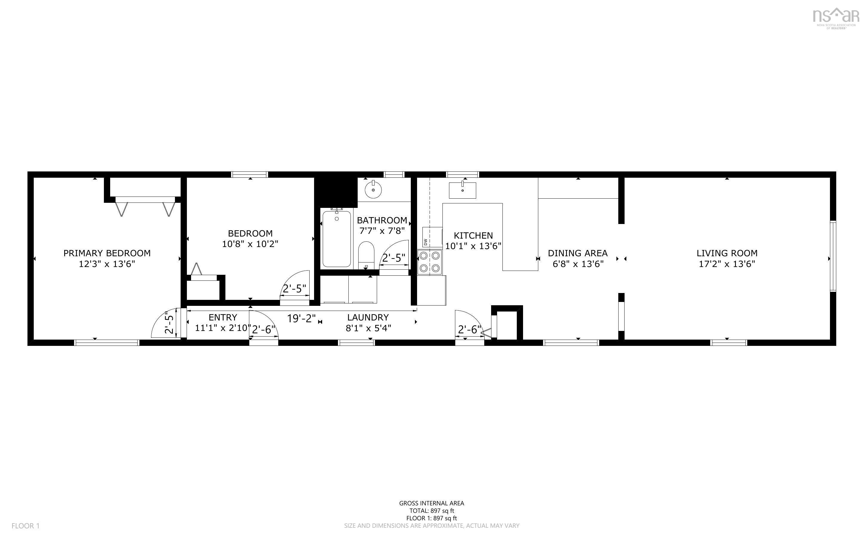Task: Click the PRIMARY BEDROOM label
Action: (107, 253)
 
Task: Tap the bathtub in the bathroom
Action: (336, 239)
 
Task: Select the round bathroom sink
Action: (373, 190)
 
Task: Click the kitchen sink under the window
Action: (462, 190)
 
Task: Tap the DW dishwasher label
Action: (425, 242)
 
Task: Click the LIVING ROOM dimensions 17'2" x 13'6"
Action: (727, 264)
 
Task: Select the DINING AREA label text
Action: (578, 253)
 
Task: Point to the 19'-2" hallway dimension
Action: (302, 318)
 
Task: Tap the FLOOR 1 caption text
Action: (26, 526)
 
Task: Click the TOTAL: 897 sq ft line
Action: (432, 511)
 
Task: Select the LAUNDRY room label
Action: (368, 317)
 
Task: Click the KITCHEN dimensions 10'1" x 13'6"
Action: (473, 246)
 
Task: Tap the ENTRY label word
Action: (223, 317)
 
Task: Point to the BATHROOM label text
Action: (382, 220)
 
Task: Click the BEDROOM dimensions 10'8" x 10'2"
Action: (250, 244)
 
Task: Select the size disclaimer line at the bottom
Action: (432, 526)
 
